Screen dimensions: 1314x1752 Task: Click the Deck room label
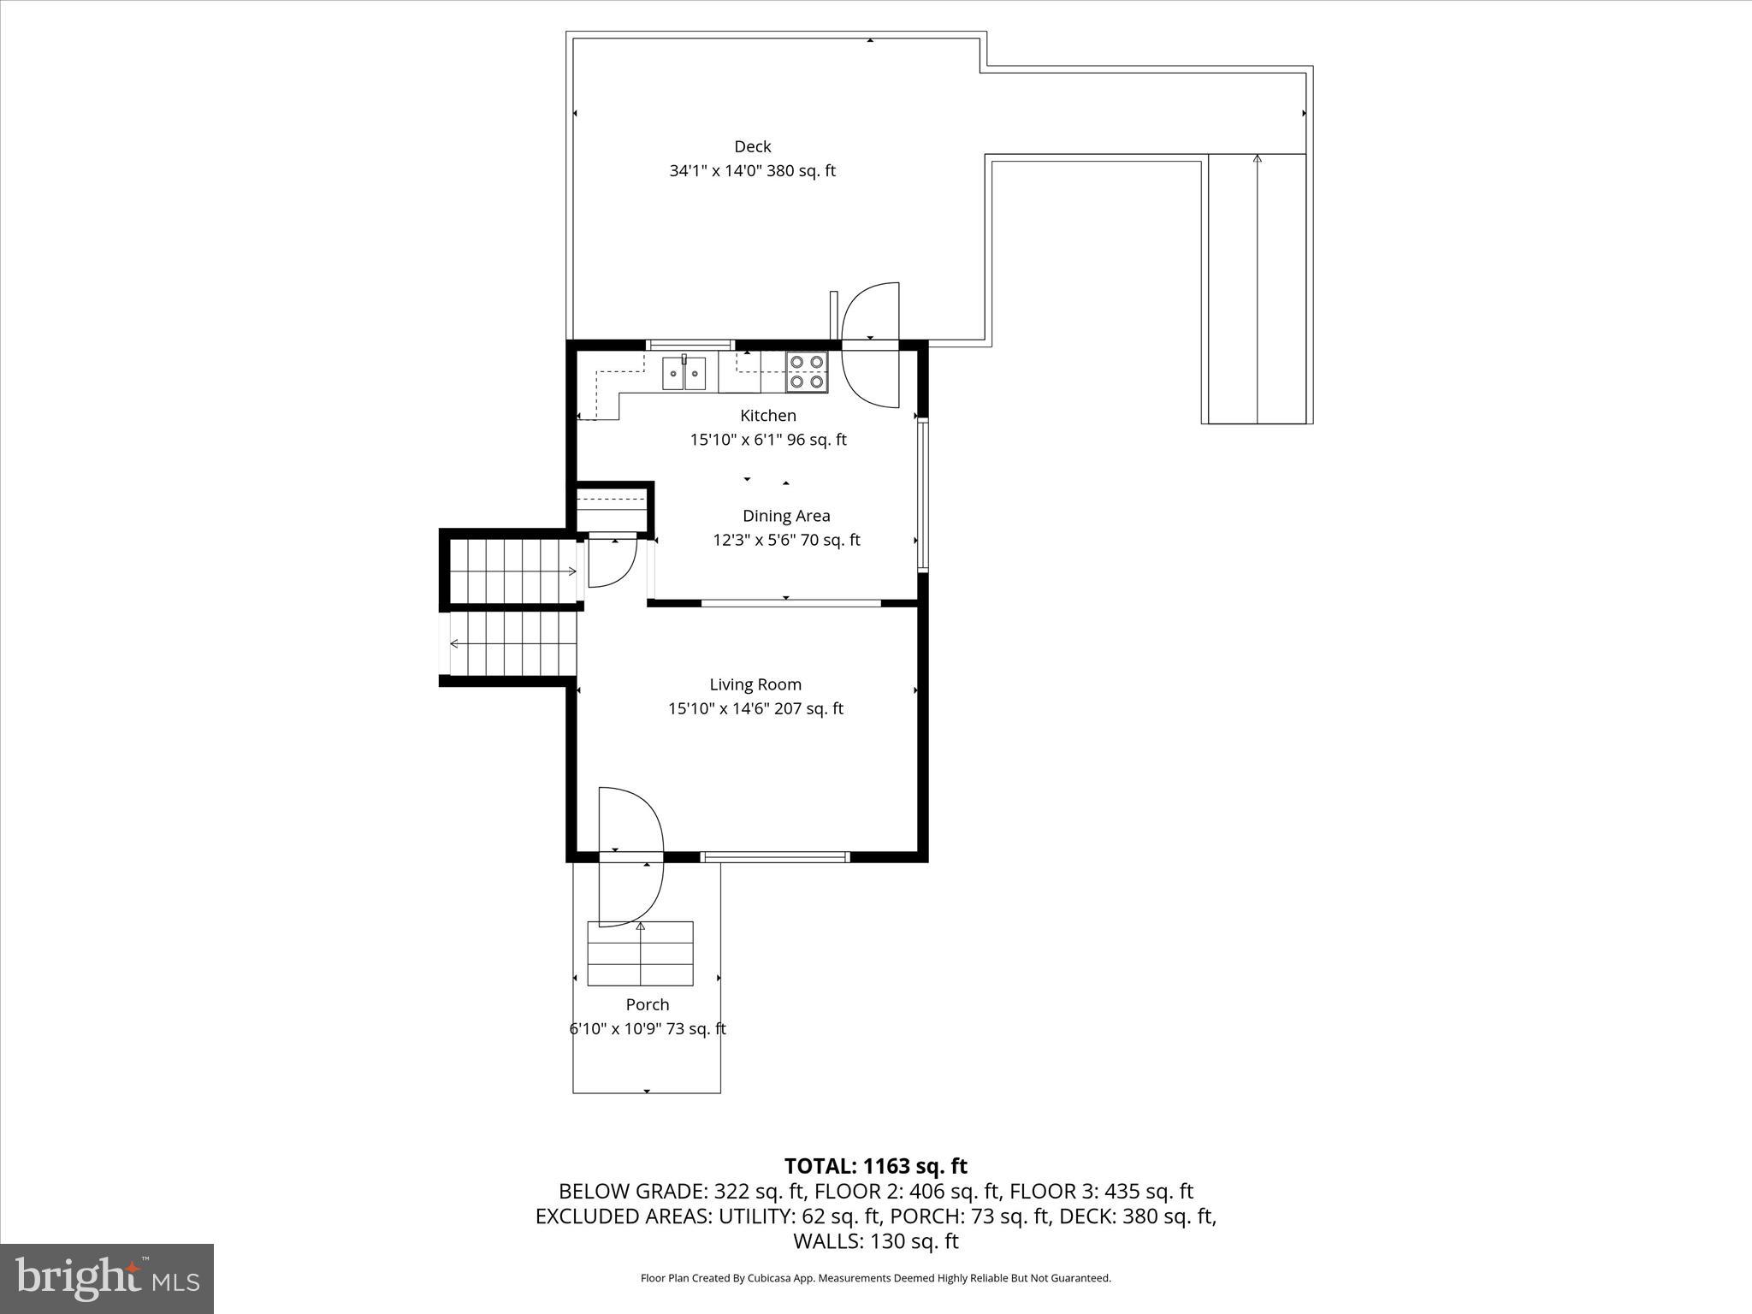coord(752,147)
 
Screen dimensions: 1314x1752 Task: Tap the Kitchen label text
coord(767,416)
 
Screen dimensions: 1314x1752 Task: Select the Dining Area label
coord(785,516)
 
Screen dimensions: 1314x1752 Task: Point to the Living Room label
coord(755,684)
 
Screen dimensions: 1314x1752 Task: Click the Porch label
coord(647,1004)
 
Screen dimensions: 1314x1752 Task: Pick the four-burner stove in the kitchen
coord(807,372)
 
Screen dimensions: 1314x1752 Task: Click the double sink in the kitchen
coord(684,374)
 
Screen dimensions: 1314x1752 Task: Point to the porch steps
coord(640,954)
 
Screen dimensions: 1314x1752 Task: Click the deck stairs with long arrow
coord(1257,288)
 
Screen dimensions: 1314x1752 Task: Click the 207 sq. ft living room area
coord(808,708)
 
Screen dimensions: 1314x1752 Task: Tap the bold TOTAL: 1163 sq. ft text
coord(875,1166)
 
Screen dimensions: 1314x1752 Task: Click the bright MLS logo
coord(107,1278)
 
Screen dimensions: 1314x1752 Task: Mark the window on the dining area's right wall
coord(922,494)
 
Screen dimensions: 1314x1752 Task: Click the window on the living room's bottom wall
coord(774,856)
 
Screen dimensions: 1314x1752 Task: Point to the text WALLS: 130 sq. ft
coord(875,1240)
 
